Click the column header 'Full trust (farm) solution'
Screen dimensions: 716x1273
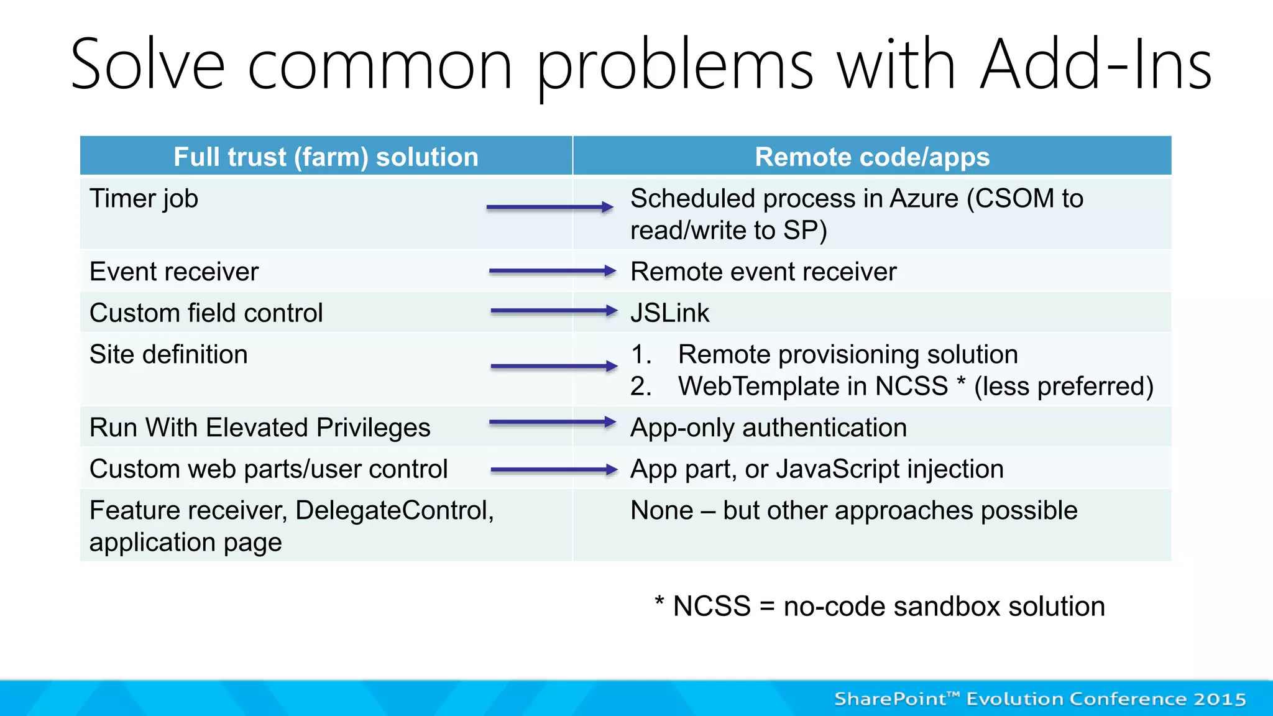pyautogui.click(x=326, y=157)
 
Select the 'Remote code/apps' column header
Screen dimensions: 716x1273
pyautogui.click(x=871, y=157)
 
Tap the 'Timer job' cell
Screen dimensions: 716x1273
pyautogui.click(x=144, y=199)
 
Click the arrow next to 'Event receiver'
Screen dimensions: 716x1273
pyautogui.click(x=552, y=271)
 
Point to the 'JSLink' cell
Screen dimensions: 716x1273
pyautogui.click(x=669, y=313)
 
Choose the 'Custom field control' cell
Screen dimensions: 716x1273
pyautogui.click(x=206, y=313)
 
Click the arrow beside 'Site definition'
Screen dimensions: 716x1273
pyautogui.click(x=553, y=367)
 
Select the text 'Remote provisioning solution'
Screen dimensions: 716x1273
pyautogui.click(x=848, y=354)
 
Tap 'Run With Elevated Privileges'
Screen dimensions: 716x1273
pyautogui.click(x=260, y=428)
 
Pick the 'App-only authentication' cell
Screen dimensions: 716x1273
pyautogui.click(x=768, y=428)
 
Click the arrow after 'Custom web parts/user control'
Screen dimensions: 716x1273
pyautogui.click(x=553, y=470)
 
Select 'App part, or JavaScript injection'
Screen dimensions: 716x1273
pyautogui.click(x=817, y=469)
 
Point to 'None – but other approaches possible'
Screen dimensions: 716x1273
pyautogui.click(x=853, y=510)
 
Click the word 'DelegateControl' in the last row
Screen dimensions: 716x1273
pyautogui.click(x=394, y=510)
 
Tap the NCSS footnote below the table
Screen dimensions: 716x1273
pyautogui.click(x=880, y=606)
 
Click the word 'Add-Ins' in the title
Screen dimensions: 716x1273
pyautogui.click(x=1095, y=65)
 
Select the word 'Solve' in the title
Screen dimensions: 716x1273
pyautogui.click(x=147, y=65)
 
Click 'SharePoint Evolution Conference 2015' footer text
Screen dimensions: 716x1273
pyautogui.click(x=1040, y=699)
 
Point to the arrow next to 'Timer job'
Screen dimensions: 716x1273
pyautogui.click(x=549, y=208)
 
